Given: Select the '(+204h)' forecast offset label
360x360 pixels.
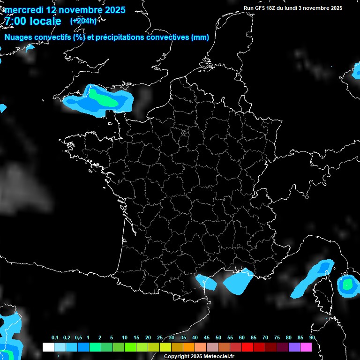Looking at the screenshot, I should pyautogui.click(x=83, y=21).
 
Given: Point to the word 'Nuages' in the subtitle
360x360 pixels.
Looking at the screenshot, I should pyautogui.click(x=18, y=37).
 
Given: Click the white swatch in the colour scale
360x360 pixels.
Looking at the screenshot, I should pyautogui.click(x=48, y=347).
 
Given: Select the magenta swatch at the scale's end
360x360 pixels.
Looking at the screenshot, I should pyautogui.click(x=306, y=347).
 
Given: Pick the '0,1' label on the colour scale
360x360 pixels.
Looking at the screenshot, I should pyautogui.click(x=55, y=338).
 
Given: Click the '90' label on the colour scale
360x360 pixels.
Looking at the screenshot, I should pyautogui.click(x=312, y=338).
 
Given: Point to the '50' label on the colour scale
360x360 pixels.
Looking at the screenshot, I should pyautogui.click(x=218, y=338).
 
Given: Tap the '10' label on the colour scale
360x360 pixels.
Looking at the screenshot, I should pyautogui.click(x=125, y=338).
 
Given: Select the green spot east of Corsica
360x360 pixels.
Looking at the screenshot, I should pyautogui.click(x=347, y=284).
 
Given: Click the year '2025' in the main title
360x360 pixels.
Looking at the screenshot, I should pyautogui.click(x=112, y=10).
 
